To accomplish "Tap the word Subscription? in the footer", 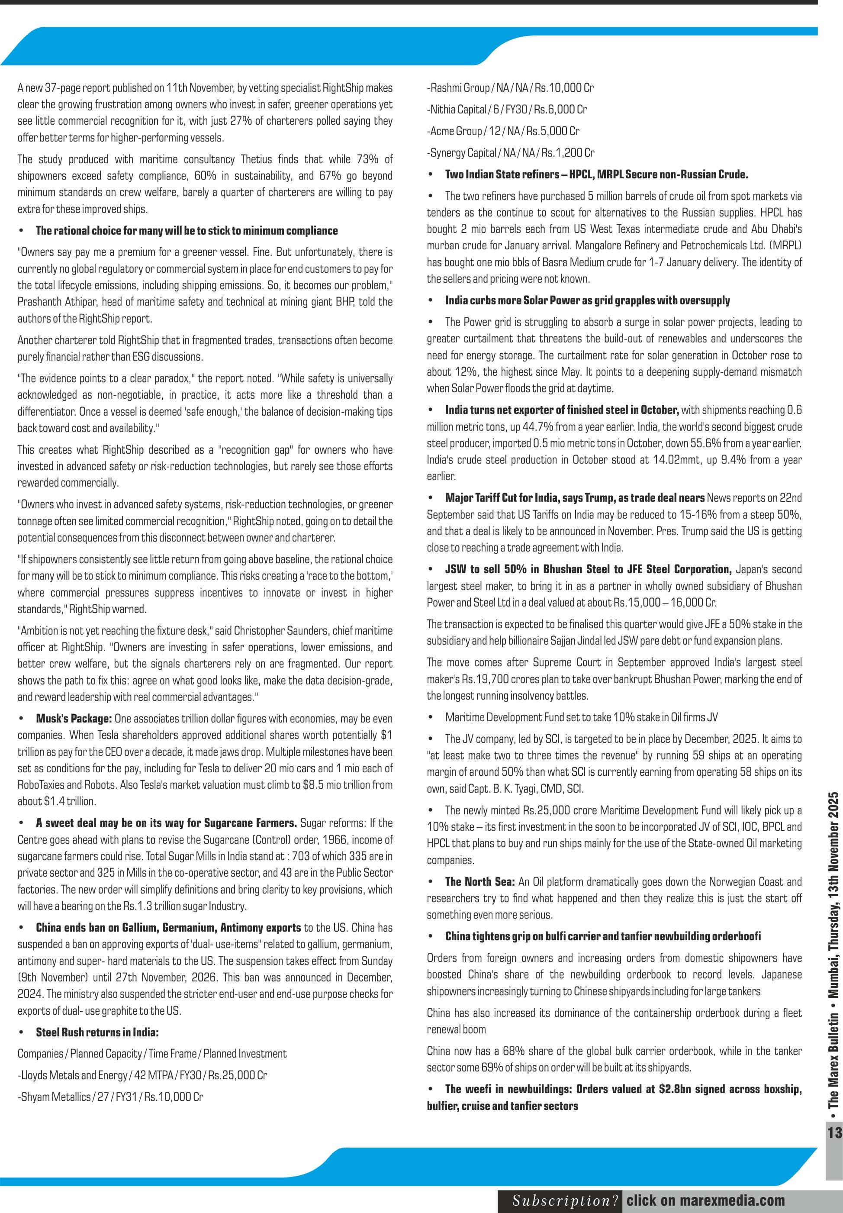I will click(x=565, y=1201).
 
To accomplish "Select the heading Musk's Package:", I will click(x=74, y=719).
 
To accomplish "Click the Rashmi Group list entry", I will click(x=510, y=88).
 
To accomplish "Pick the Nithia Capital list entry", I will click(x=507, y=110).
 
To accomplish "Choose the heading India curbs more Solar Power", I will click(x=587, y=300).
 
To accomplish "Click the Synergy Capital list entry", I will click(x=510, y=153).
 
